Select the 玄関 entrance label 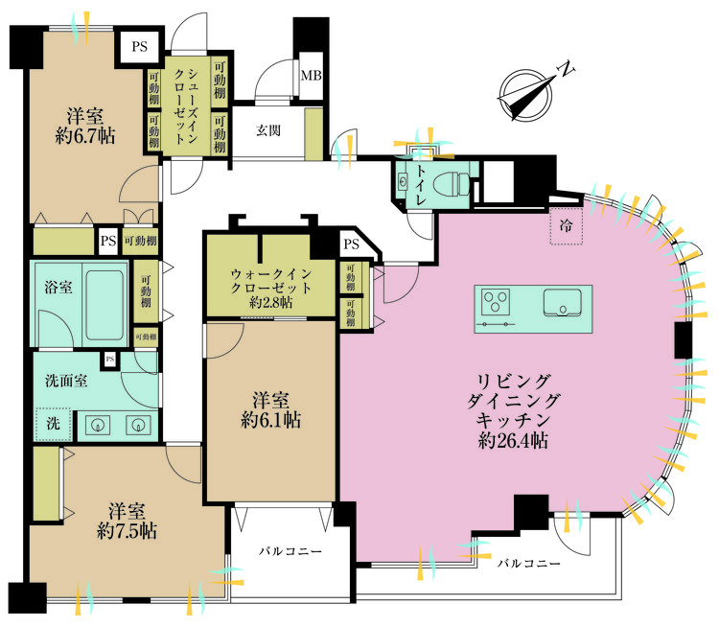pos(268,132)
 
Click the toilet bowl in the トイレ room pos(450,180)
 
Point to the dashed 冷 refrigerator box pos(566,228)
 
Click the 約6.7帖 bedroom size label pos(85,137)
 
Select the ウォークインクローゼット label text pos(269,287)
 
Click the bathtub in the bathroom pos(105,305)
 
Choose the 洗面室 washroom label pos(67,380)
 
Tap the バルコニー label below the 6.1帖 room pos(289,552)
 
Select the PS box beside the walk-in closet pos(350,244)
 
